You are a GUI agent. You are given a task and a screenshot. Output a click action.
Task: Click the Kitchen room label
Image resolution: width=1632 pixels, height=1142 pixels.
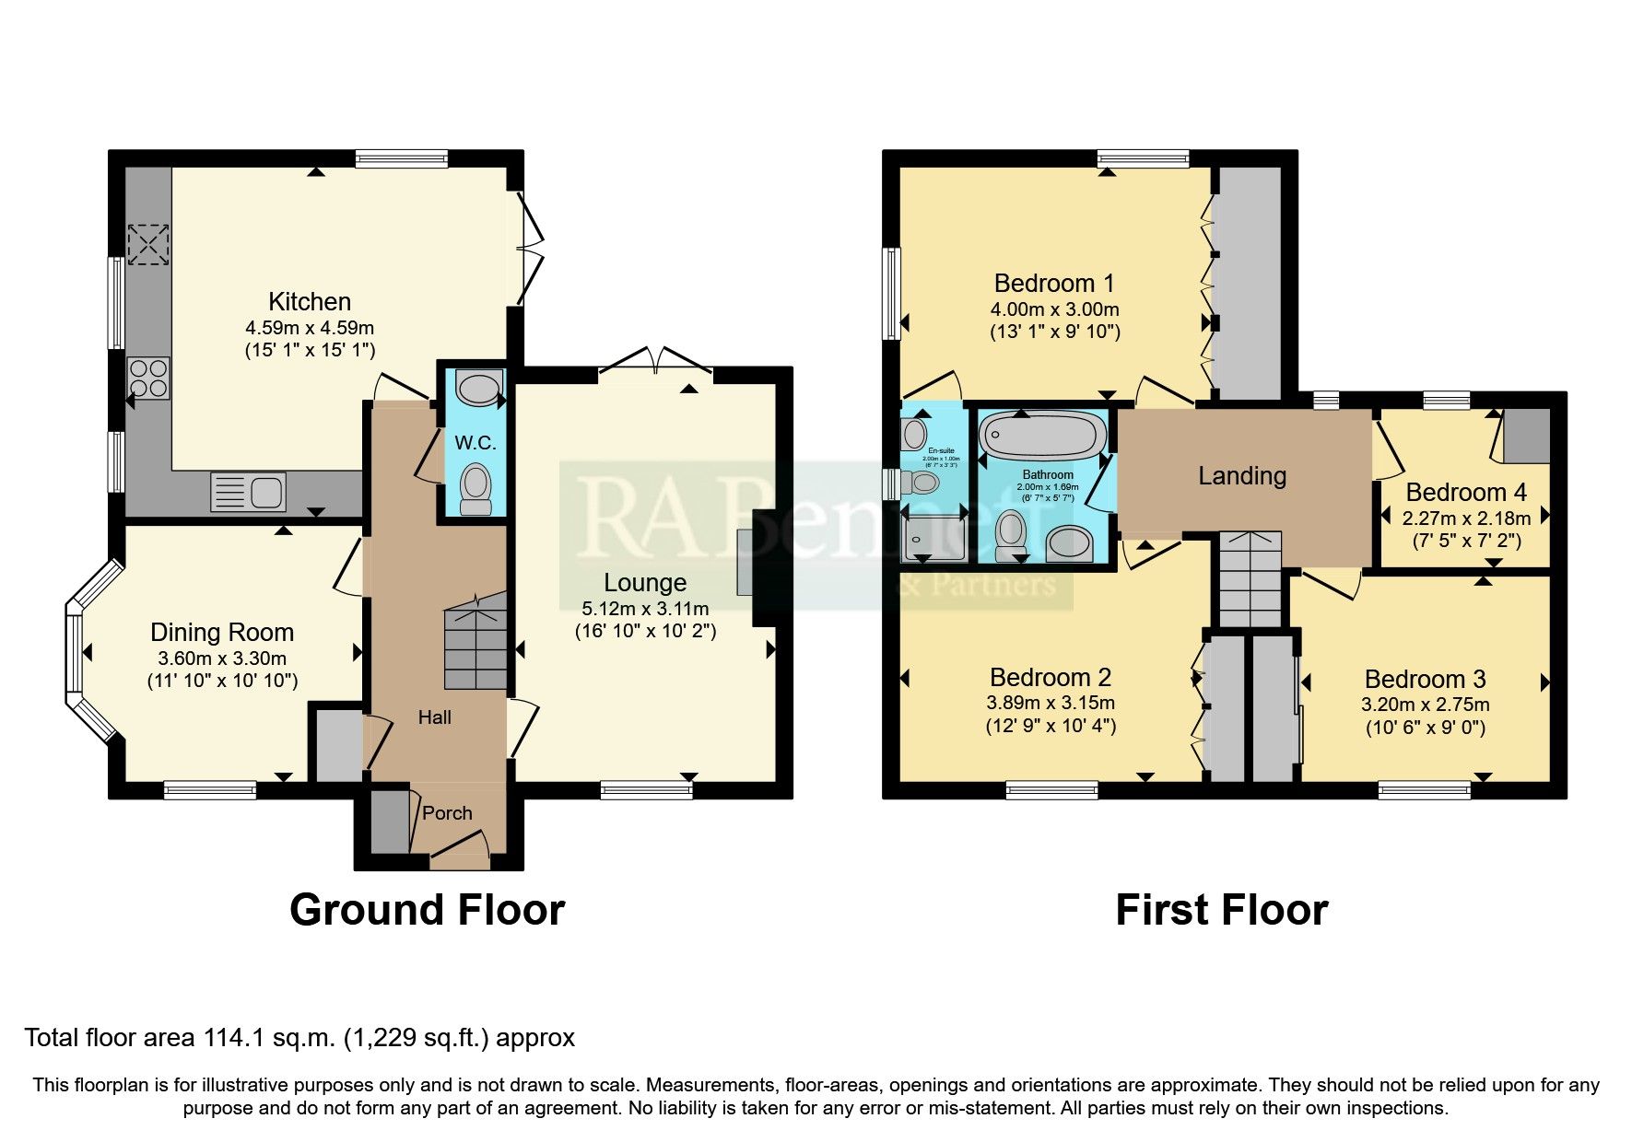pos(310,302)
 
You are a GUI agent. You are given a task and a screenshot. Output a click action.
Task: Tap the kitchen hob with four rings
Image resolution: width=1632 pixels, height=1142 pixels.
pos(148,378)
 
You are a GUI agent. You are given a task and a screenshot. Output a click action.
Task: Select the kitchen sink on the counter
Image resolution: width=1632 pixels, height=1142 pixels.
pos(248,492)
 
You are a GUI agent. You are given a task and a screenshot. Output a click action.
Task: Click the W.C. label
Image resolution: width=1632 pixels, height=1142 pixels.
pos(476,443)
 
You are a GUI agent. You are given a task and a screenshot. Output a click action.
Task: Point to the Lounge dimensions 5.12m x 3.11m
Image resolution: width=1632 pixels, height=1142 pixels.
pos(645,609)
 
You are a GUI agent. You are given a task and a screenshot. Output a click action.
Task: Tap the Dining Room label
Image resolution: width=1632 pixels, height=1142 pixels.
pos(222,633)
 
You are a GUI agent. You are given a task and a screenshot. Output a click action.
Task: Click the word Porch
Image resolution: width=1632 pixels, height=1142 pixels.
pos(447,813)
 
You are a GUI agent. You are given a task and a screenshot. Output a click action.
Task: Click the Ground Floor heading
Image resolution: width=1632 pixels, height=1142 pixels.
pos(427,910)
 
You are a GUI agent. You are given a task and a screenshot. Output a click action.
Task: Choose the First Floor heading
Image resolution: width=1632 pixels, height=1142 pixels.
pos(1221,910)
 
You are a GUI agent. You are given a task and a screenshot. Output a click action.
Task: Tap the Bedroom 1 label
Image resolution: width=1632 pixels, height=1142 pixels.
pos(1054,284)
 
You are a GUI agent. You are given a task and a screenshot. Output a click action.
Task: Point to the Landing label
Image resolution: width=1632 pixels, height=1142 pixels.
pos(1241,476)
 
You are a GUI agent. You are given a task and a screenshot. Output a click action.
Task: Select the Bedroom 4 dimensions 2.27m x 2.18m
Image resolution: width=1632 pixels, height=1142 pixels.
pos(1466,519)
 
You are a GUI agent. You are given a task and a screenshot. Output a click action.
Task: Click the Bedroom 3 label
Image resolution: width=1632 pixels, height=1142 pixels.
pos(1425,680)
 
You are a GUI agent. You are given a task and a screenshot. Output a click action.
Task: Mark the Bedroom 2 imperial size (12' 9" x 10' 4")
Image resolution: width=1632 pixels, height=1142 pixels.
pos(1051,726)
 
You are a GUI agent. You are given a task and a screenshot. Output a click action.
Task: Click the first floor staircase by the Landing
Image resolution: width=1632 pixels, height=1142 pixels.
pos(1249,580)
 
